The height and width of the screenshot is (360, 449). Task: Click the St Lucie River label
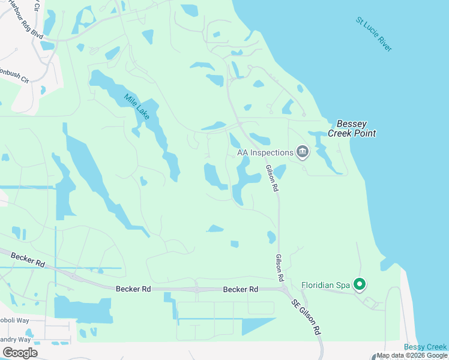pos(374,34)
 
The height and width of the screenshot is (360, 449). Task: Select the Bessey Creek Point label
pos(352,128)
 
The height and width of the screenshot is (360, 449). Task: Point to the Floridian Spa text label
pos(325,284)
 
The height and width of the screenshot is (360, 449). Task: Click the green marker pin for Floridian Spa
pos(360,284)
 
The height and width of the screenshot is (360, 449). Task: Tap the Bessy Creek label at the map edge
pos(425,347)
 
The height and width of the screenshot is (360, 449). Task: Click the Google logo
pos(20,352)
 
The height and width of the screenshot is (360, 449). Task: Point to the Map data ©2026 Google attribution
pos(412,356)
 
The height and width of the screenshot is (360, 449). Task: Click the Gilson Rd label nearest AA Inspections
pos(271,179)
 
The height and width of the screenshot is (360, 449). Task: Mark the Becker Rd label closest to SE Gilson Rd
pos(240,289)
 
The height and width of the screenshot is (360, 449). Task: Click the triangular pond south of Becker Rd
pos(255,325)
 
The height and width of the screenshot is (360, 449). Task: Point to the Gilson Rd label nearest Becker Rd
pos(279,268)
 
